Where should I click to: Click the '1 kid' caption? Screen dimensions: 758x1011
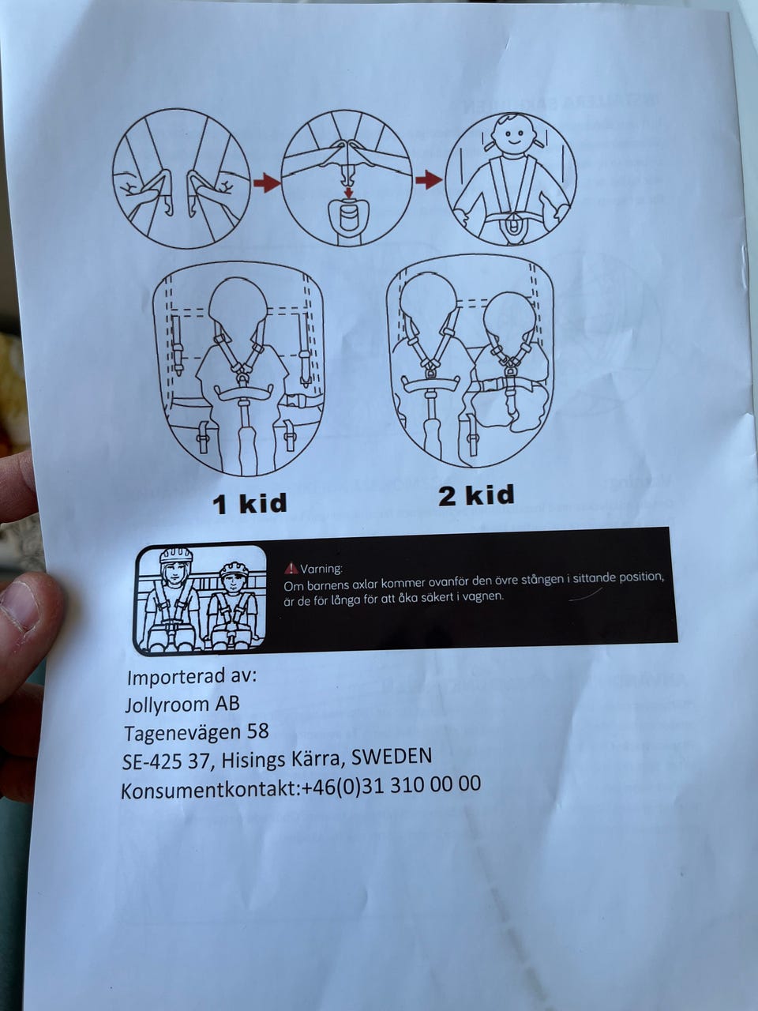coord(250,503)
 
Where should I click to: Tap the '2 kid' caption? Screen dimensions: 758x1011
coord(476,495)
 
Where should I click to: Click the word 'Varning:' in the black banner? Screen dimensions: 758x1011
coord(321,569)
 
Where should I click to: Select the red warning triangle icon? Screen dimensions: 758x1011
coord(291,569)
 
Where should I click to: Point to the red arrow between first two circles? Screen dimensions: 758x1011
coord(267,183)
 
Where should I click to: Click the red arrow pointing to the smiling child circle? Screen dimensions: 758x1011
coord(429,179)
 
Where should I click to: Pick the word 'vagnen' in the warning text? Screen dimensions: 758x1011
coord(488,597)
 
